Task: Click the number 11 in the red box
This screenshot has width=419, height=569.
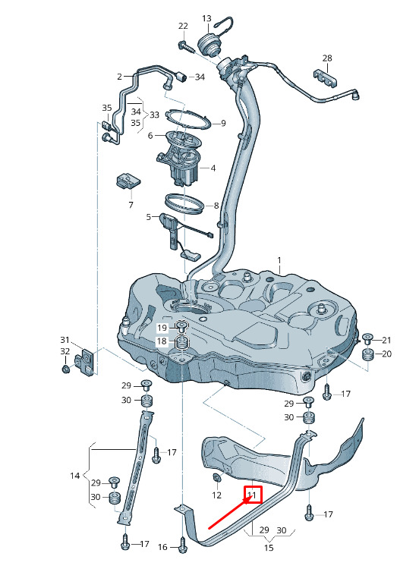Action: (x=251, y=495)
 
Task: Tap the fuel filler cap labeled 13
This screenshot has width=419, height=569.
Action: (x=209, y=44)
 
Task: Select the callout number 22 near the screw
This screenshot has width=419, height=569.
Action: (x=184, y=26)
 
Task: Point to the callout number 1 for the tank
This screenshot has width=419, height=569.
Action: (x=279, y=260)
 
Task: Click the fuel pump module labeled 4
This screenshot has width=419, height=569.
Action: (x=179, y=162)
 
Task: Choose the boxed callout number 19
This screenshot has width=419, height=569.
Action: (x=162, y=328)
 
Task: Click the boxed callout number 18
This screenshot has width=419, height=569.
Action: (x=162, y=341)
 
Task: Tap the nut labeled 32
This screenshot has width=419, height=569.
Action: (x=66, y=369)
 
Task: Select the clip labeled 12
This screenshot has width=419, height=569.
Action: (x=216, y=479)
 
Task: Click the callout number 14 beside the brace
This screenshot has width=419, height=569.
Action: (x=75, y=476)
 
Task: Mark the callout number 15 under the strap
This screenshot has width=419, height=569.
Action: (x=269, y=547)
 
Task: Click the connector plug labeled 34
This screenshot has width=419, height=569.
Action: (x=181, y=77)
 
